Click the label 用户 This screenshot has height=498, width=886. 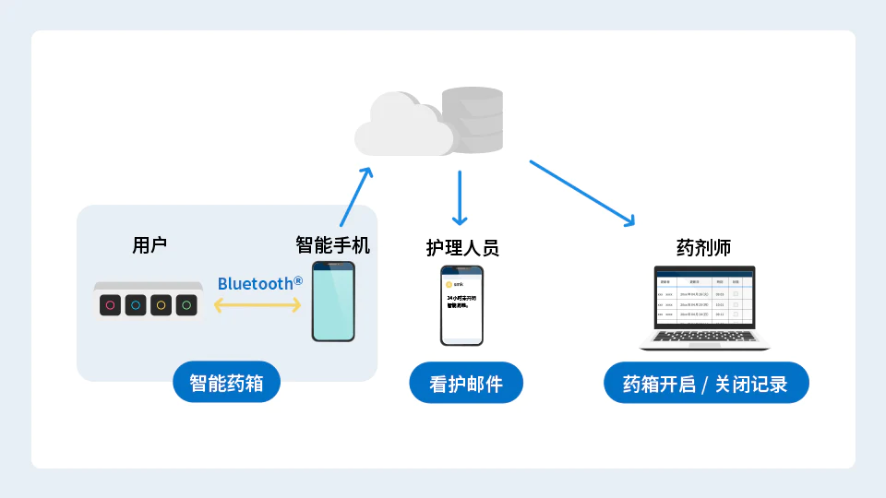pos(150,245)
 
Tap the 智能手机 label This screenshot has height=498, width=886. pos(332,245)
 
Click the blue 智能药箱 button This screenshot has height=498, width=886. pos(226,383)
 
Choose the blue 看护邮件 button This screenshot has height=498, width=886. pos(466,383)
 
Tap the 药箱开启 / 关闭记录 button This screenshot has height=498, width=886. pos(706,383)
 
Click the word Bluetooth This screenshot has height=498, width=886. pos(254,283)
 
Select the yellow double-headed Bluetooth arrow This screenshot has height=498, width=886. pos(257,305)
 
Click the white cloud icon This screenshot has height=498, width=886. pos(401,126)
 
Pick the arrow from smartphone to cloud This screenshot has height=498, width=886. pos(355,196)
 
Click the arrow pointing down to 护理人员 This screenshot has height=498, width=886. pos(460,197)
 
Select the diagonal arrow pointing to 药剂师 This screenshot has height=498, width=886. pos(582,193)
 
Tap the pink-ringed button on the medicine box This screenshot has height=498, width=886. pos(110,304)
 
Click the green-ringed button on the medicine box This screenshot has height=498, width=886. pos(186,304)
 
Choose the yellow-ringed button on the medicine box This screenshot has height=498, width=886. pos(161,304)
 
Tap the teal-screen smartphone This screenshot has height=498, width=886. pos(332,302)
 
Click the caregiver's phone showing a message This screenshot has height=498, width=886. pos(461,306)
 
